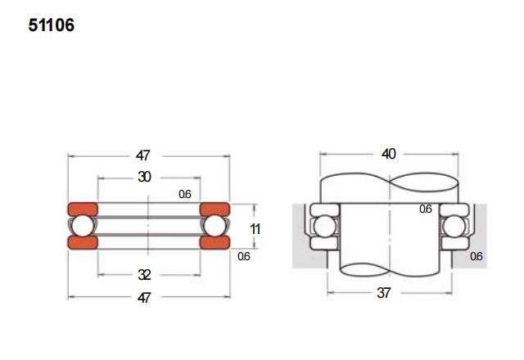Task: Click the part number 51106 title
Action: click(51, 25)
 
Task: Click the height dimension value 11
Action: click(255, 229)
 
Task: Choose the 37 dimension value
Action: click(384, 292)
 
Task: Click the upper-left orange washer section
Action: click(81, 208)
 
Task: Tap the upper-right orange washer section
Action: click(215, 208)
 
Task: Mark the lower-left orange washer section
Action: click(81, 242)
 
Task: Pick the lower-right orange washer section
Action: click(215, 242)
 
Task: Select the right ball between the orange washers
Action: click(215, 225)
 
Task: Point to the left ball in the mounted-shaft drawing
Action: click(322, 225)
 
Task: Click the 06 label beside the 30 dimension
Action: click(184, 194)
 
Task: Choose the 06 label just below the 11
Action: click(244, 256)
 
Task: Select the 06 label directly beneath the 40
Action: click(425, 209)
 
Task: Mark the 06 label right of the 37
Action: click(477, 256)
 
